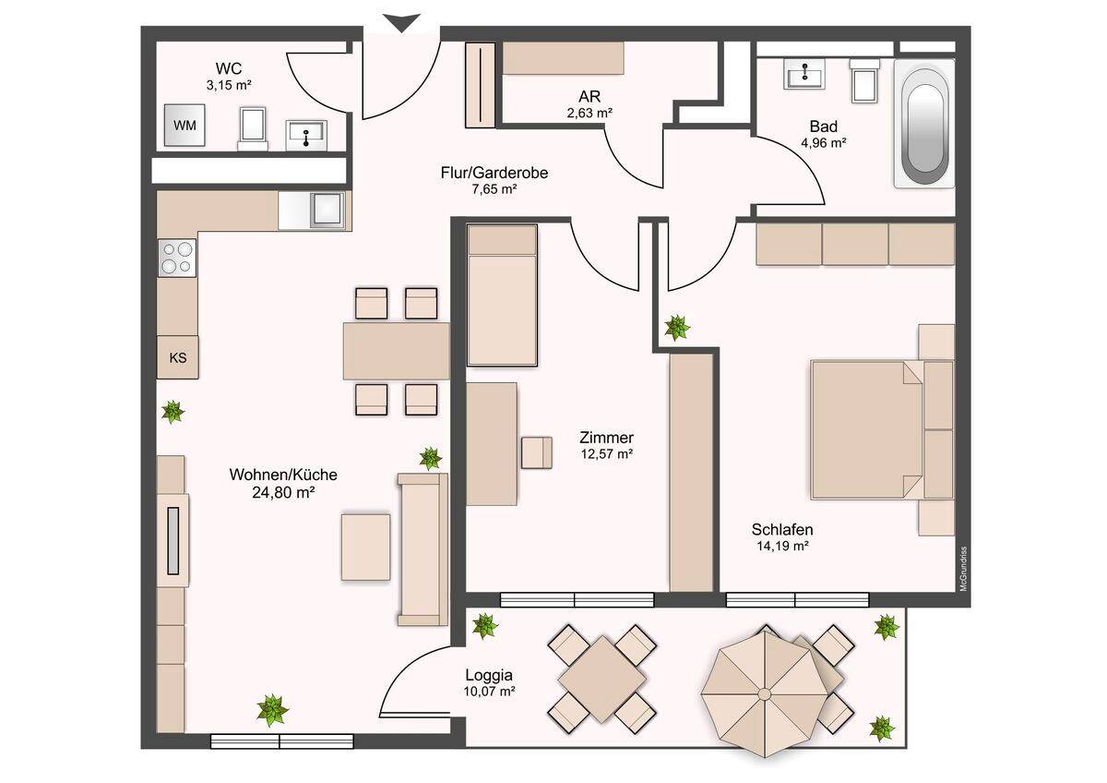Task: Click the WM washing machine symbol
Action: point(184,125)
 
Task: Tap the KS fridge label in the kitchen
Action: point(178,357)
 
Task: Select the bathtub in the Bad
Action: point(923,124)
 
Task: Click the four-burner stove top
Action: point(177,258)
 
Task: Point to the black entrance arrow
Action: point(402,23)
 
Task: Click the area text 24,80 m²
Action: point(284,493)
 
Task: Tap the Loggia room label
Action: point(489,675)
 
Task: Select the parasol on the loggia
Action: point(765,693)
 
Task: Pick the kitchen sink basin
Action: point(327,210)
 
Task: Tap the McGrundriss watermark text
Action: point(963,569)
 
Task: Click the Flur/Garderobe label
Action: point(494,173)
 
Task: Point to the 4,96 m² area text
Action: point(823,143)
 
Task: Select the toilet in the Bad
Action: point(864,80)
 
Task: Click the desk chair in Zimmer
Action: point(537,452)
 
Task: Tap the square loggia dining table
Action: point(601,680)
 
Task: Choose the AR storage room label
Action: point(589,95)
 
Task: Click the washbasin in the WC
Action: point(306,135)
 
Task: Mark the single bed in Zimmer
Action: point(502,295)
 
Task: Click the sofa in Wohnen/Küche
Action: point(423,549)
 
